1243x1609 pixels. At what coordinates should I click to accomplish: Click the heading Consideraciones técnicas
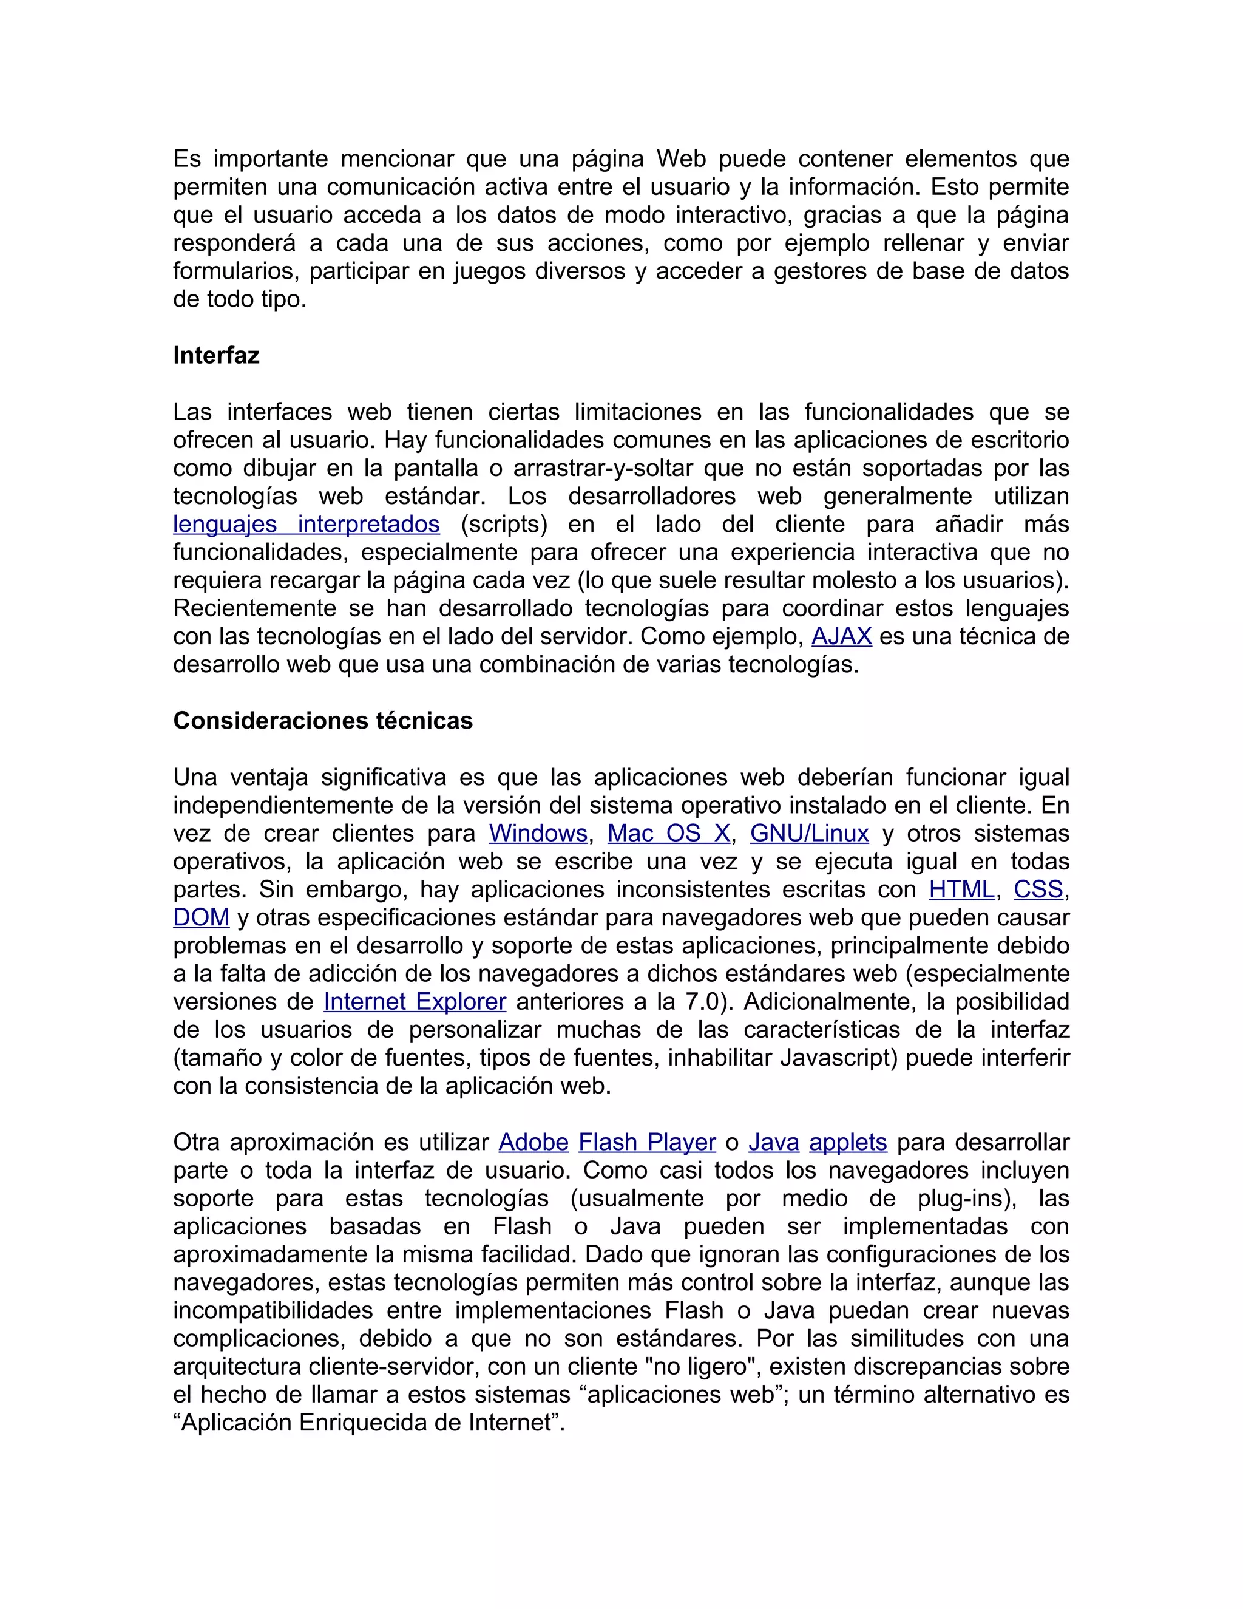[x=322, y=721]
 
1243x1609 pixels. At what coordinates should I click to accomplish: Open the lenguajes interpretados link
[x=307, y=524]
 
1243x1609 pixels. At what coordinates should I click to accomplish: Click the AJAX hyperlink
[x=841, y=636]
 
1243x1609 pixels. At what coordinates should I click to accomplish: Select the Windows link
[x=538, y=833]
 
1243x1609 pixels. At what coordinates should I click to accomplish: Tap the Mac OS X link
[x=669, y=833]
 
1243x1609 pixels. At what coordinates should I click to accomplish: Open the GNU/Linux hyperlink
[x=809, y=833]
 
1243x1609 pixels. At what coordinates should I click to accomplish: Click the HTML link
[x=961, y=890]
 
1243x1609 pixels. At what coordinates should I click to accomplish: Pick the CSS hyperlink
[x=1038, y=890]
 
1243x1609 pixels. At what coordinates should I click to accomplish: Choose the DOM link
[x=201, y=918]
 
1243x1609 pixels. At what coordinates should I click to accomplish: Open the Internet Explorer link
[x=415, y=1002]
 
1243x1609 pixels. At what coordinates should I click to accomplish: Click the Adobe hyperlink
[x=533, y=1143]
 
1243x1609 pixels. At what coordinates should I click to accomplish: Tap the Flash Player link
[x=646, y=1143]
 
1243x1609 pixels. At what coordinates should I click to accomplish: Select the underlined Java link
[x=773, y=1143]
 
